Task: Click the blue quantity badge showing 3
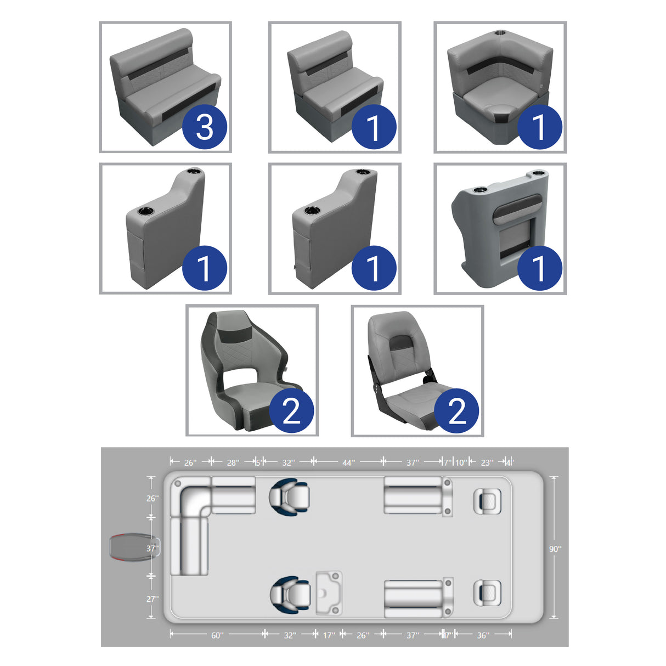point(204,127)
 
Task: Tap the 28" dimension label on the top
point(233,462)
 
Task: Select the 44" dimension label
point(348,462)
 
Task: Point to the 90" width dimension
point(555,549)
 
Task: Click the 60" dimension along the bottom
point(217,635)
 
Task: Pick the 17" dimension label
point(329,635)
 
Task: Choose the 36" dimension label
point(483,635)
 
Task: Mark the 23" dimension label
point(487,462)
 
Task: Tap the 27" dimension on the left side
point(152,599)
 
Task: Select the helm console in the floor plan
point(329,593)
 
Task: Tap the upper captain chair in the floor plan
point(289,496)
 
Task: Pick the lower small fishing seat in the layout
point(487,594)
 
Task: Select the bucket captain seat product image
point(252,371)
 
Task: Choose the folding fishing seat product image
point(417,371)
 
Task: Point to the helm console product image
point(500,229)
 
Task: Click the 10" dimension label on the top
point(461,462)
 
